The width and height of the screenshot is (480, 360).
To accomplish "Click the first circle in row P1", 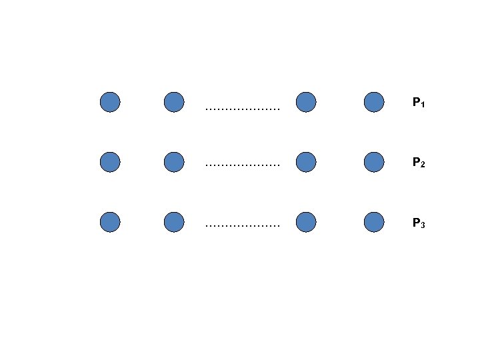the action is (x=110, y=102).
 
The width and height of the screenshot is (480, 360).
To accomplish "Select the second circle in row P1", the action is (x=173, y=102).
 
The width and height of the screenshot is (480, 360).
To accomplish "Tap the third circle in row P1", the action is (x=305, y=102).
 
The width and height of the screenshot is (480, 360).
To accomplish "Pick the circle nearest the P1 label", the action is (x=374, y=102).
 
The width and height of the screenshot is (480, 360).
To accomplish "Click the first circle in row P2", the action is (x=110, y=161).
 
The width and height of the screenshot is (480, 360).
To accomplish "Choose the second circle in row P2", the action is (x=173, y=161).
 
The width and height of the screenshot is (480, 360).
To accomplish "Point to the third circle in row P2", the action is (x=305, y=161).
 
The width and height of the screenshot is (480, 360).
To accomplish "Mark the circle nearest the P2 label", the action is (x=374, y=161).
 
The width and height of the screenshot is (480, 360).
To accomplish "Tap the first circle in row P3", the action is (x=110, y=222).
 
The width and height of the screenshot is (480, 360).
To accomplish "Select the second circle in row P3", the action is (x=173, y=222).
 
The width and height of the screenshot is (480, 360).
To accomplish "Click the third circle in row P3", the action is (x=305, y=222).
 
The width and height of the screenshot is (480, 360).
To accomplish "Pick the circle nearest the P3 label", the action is (x=374, y=222).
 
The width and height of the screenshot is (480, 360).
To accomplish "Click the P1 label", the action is (x=419, y=103).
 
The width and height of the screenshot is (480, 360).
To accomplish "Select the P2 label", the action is (x=419, y=162).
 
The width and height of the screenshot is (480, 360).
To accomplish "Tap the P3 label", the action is (x=419, y=223).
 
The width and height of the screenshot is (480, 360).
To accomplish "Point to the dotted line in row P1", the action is (x=243, y=108).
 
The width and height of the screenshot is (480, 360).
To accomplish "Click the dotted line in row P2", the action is (x=243, y=164).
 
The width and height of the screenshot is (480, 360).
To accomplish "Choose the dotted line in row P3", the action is (x=243, y=226).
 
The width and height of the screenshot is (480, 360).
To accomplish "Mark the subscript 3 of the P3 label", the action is (x=423, y=225).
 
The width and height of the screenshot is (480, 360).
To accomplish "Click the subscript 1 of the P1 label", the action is (x=423, y=105).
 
